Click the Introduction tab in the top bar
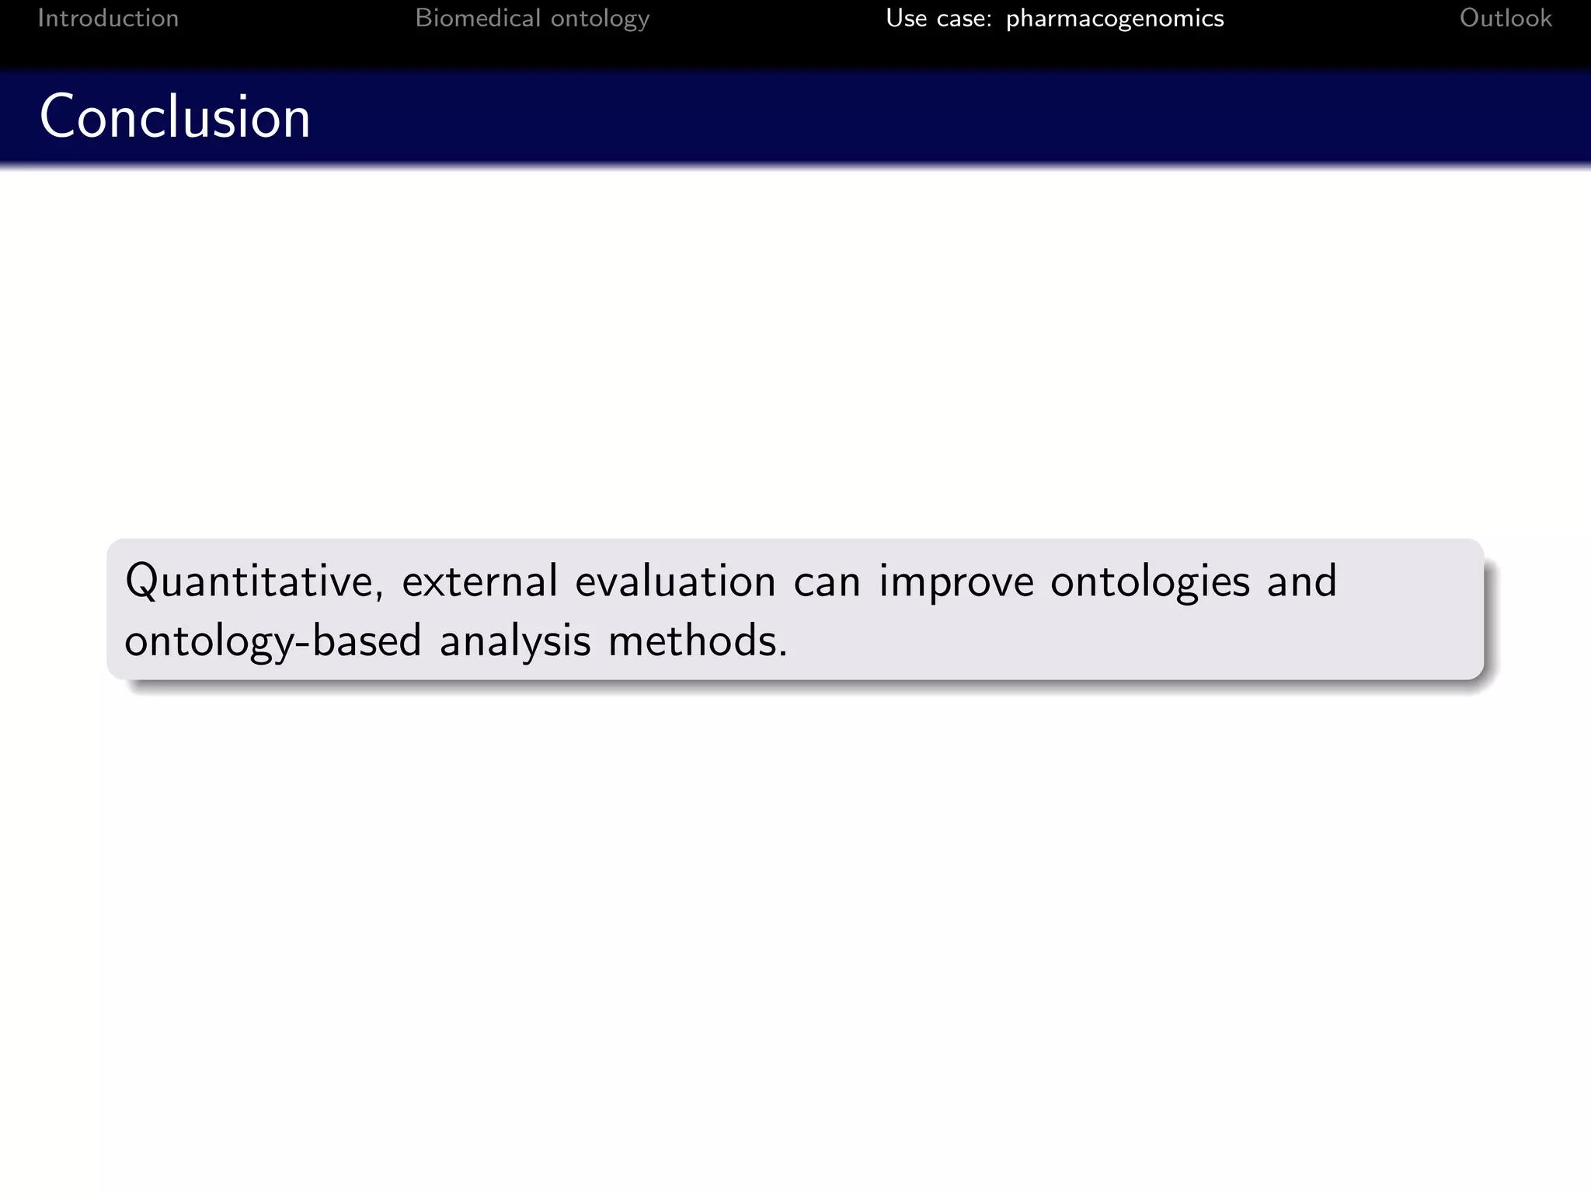click(108, 18)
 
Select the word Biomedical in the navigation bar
click(477, 18)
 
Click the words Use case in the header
click(938, 18)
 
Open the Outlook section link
click(1505, 18)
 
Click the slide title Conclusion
click(175, 117)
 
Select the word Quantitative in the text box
click(249, 581)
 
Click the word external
click(479, 581)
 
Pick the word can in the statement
click(827, 582)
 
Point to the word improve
click(956, 582)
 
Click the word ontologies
click(1150, 582)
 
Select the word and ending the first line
click(1301, 581)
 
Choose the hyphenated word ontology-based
click(273, 641)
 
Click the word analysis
click(515, 641)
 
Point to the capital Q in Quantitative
click(141, 581)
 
